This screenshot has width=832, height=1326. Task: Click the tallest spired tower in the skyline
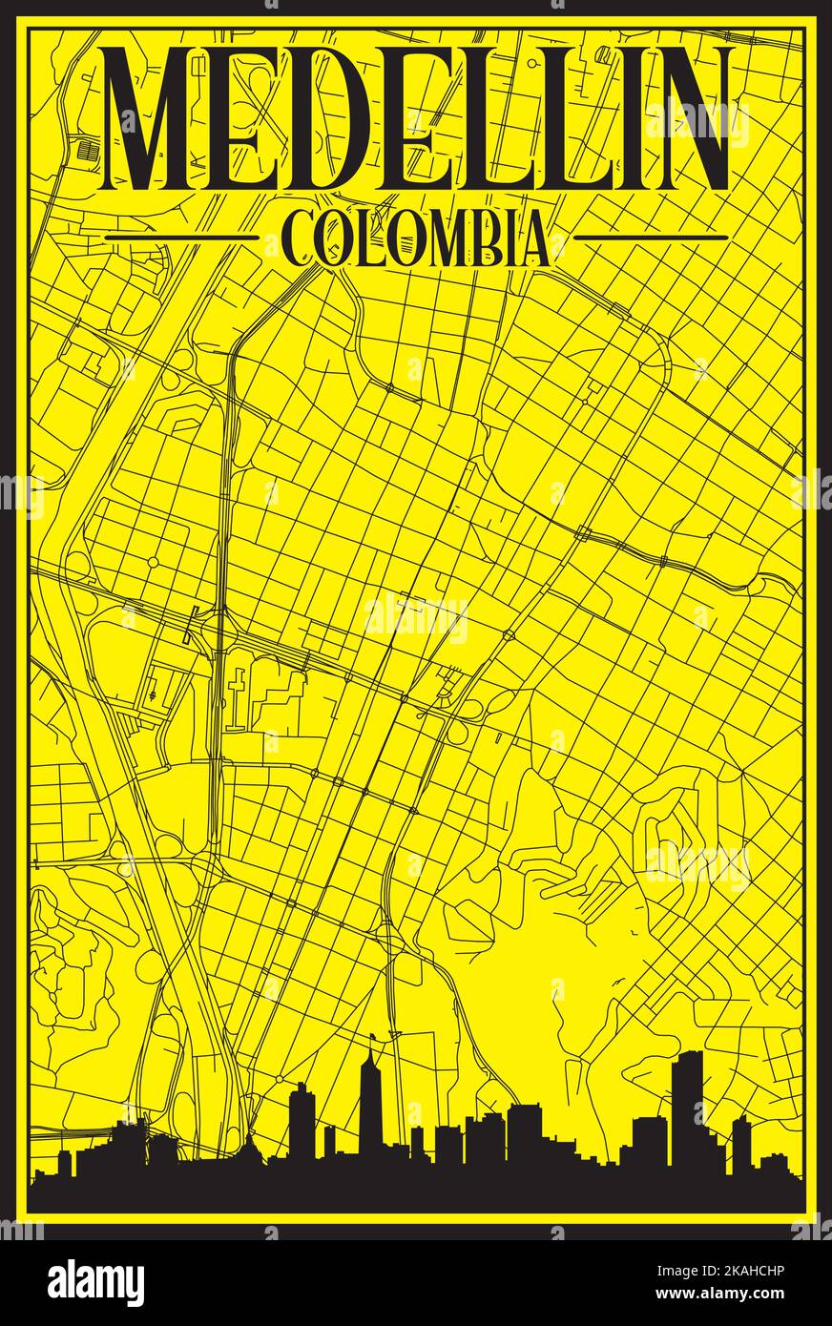pos(370,1097)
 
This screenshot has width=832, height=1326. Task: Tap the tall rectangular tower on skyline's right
pos(686,1107)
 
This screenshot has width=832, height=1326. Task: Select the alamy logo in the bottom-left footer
pos(95,1282)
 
